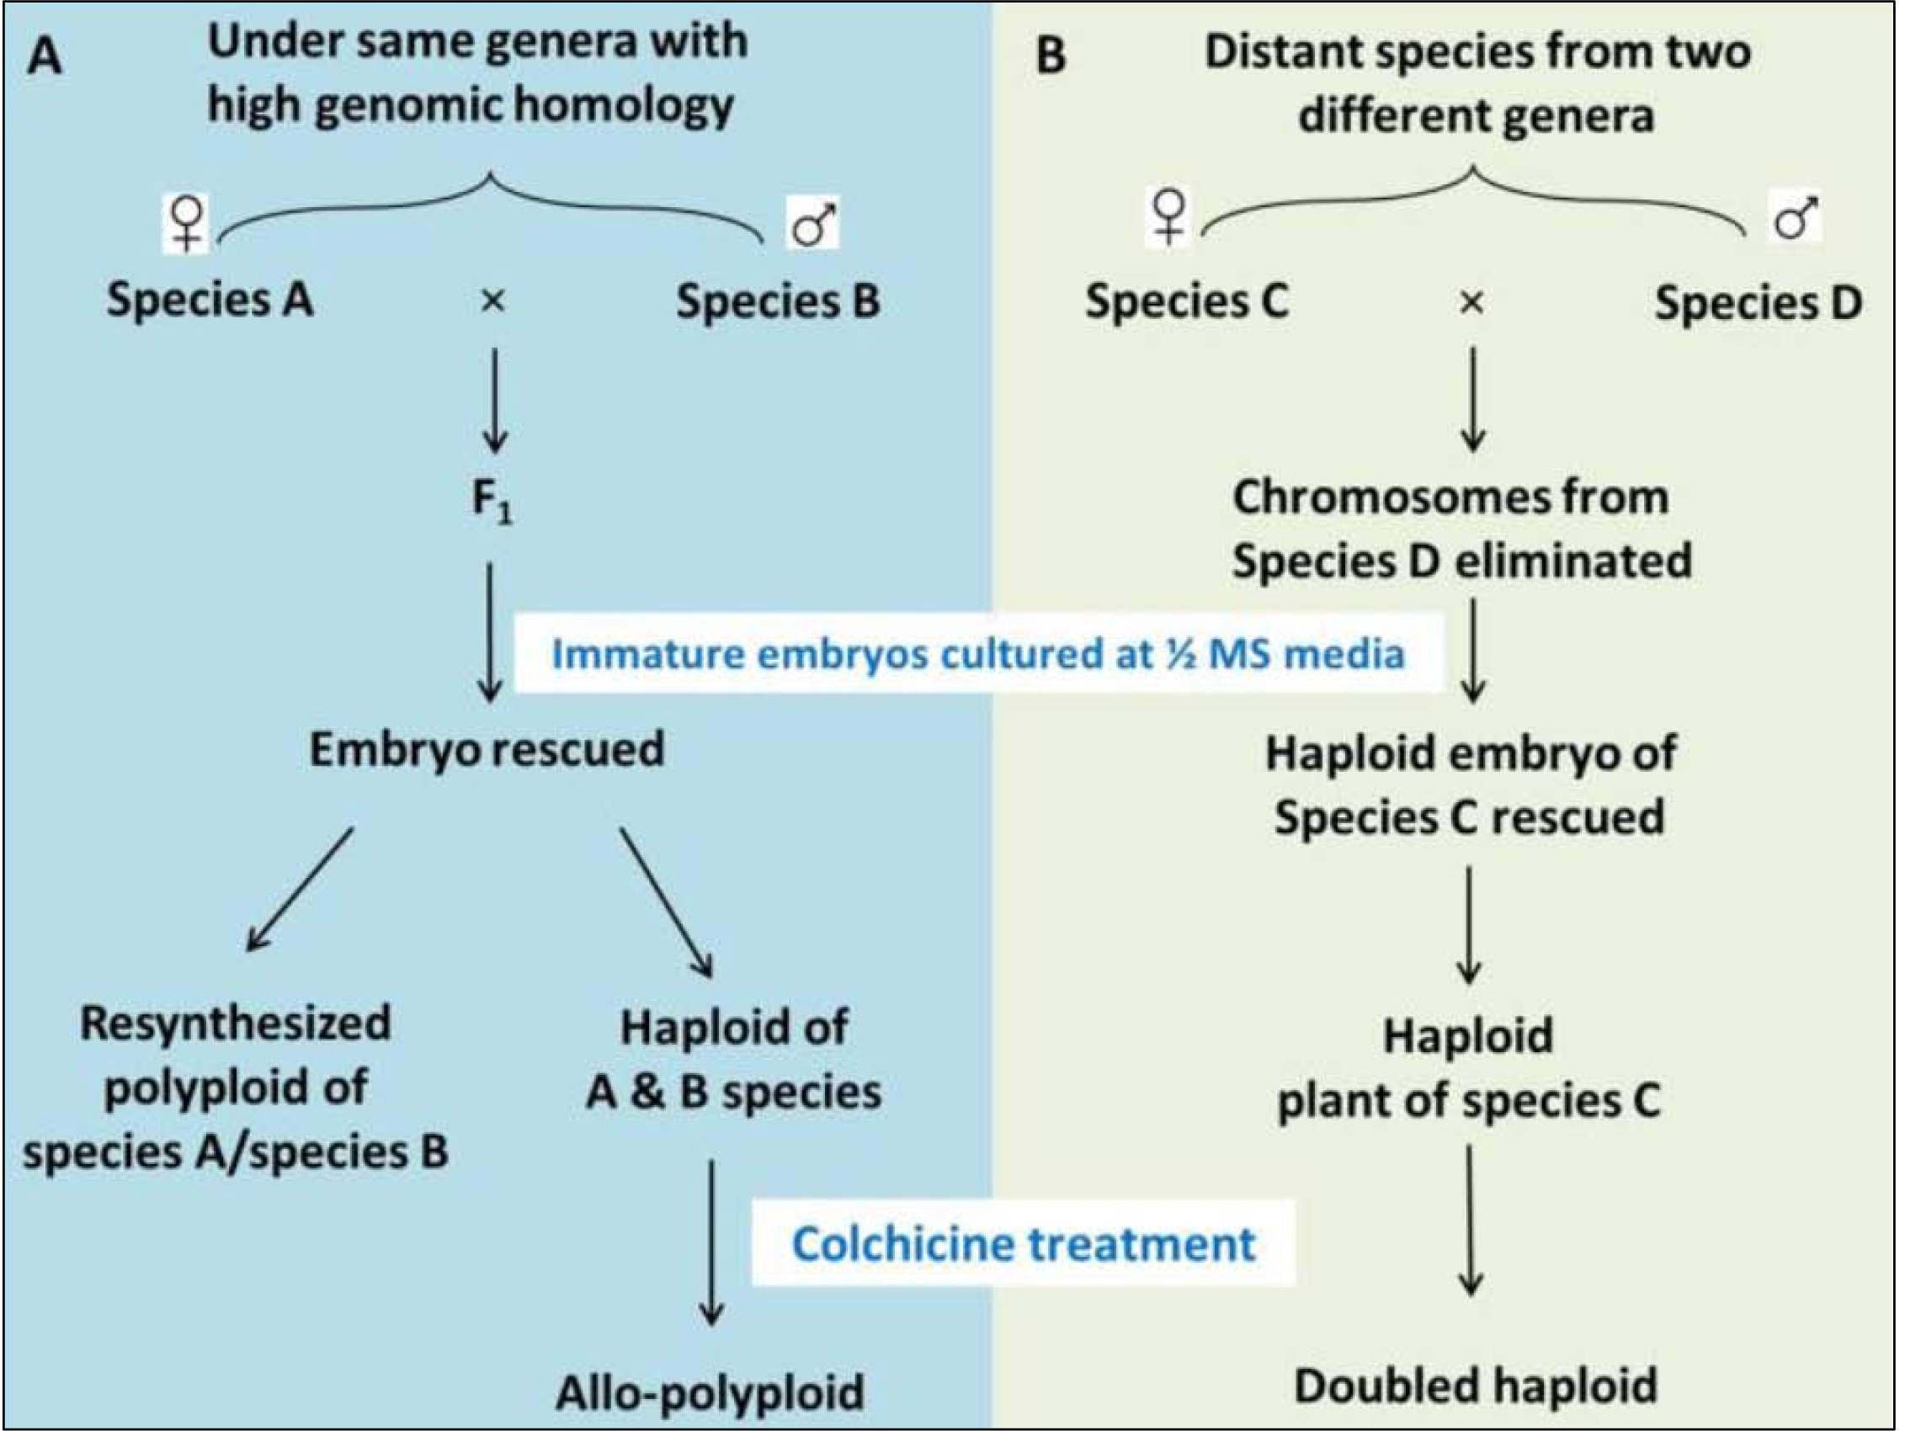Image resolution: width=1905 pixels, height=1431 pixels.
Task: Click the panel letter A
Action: [45, 58]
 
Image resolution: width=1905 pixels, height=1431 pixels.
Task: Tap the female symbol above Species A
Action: [187, 223]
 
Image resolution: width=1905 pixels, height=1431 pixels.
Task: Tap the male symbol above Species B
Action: [813, 223]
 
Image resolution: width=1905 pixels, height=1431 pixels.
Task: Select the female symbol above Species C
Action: [1168, 216]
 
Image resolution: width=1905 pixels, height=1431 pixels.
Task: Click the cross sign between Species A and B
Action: [492, 301]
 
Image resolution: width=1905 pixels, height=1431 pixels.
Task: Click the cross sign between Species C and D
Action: [1471, 302]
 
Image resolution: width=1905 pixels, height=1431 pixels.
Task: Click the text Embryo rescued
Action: [487, 749]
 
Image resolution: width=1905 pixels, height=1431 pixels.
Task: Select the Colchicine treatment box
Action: [1023, 1242]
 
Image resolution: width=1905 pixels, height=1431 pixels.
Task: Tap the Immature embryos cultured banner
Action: [978, 653]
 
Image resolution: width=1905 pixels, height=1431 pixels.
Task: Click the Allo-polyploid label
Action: [710, 1392]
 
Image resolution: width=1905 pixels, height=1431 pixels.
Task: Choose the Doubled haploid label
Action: [1475, 1386]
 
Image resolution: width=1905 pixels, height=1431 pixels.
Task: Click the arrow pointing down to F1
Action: [494, 401]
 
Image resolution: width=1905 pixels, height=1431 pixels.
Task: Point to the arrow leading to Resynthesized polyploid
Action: [300, 890]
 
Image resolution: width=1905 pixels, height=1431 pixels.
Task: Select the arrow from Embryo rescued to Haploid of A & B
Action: [666, 902]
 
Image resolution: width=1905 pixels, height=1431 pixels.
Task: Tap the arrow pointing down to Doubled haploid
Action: [1470, 1221]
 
